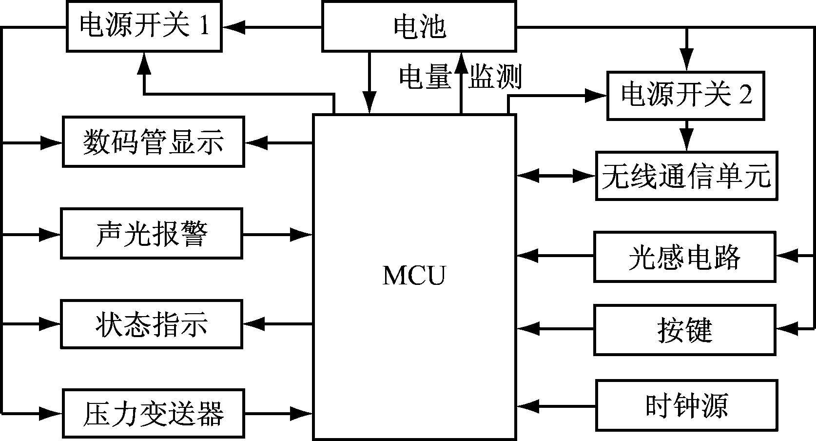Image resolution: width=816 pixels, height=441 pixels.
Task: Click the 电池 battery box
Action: point(419,26)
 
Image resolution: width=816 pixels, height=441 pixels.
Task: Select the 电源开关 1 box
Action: point(144,26)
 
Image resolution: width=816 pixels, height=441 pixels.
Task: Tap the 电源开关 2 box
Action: point(685,96)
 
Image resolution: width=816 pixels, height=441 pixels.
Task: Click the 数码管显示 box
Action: point(153,142)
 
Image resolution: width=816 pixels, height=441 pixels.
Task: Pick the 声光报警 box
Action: point(151,234)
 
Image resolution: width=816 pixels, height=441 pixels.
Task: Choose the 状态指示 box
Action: point(151,324)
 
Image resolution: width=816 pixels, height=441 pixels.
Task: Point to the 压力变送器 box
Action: point(153,413)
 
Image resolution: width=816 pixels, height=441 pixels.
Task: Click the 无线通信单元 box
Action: point(686,176)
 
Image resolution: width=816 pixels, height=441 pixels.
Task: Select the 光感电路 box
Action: point(684,257)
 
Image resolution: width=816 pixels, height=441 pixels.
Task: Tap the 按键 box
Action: point(684,330)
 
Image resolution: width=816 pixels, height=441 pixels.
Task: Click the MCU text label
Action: point(414,276)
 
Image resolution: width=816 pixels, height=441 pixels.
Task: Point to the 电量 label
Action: point(425,77)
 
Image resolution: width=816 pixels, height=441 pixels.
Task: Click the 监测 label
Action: point(495,77)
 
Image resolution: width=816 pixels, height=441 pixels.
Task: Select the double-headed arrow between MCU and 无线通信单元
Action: point(556,176)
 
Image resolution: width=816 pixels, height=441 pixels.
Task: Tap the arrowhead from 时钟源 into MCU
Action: point(526,405)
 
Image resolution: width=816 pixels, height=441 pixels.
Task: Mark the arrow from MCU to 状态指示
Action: point(278,324)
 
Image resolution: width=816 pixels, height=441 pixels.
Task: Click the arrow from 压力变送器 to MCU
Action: point(278,413)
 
